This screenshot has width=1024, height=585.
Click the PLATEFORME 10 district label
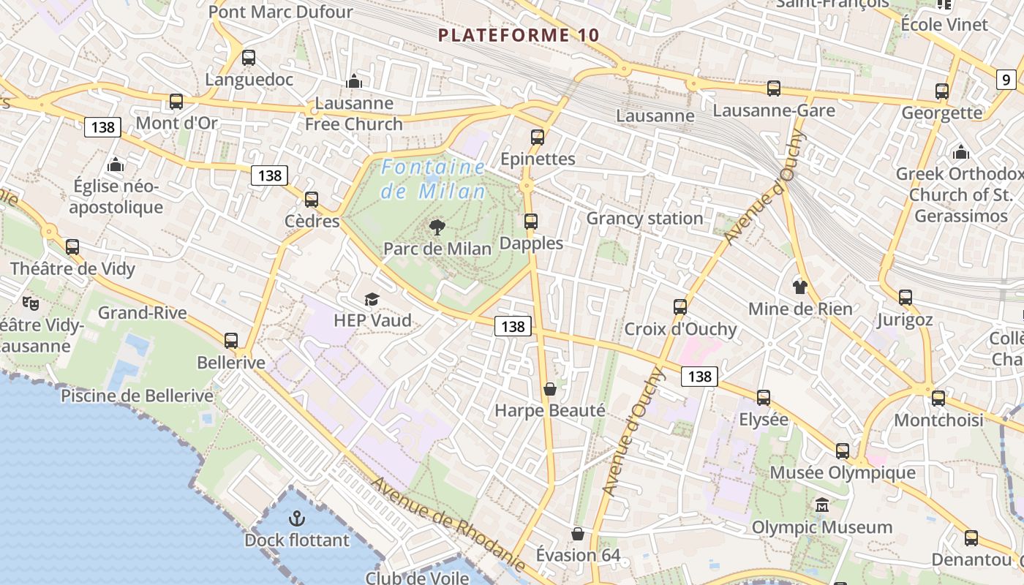519,35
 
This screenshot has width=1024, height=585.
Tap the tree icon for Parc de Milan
437,227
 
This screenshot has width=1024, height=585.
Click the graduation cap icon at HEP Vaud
372,299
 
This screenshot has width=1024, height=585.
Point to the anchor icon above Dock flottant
296,519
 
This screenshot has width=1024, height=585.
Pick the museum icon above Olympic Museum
822,505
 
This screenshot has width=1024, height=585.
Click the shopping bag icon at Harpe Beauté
550,389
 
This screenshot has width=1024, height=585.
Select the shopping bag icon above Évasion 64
578,534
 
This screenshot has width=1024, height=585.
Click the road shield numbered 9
1006,80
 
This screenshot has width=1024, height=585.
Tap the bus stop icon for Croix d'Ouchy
680,307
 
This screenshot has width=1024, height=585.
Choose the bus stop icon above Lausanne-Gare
774,88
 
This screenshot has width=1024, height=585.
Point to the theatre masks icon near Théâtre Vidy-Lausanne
30,302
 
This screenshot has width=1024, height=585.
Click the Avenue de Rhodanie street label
448,524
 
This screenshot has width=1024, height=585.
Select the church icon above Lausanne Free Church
354,81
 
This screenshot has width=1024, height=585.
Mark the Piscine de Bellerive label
137,396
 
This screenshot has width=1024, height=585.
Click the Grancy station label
644,218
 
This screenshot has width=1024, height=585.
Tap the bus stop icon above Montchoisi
938,399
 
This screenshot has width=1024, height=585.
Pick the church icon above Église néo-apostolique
116,165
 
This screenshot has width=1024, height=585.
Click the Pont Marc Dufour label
281,12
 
